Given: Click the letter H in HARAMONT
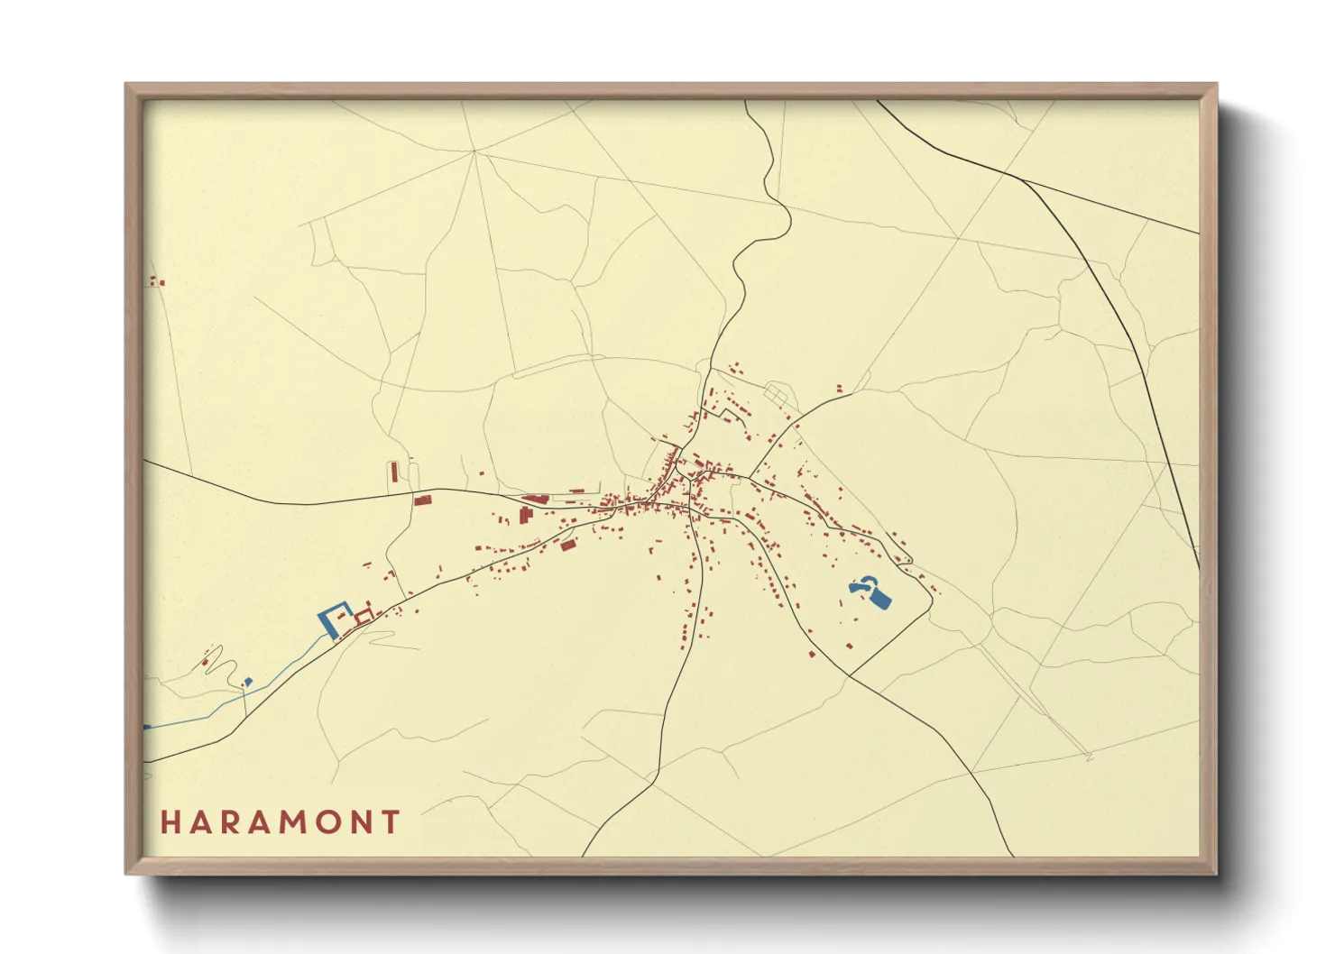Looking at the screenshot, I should [x=170, y=822].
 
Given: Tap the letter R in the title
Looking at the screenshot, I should [x=228, y=822].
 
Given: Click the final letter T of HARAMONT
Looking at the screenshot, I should [x=391, y=822].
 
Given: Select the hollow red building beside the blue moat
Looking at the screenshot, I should [x=364, y=617].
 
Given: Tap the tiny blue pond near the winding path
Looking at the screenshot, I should [x=248, y=681].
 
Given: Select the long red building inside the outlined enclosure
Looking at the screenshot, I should [x=394, y=472].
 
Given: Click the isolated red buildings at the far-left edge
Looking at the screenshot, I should [x=156, y=281].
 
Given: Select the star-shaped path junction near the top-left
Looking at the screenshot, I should [x=474, y=151].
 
